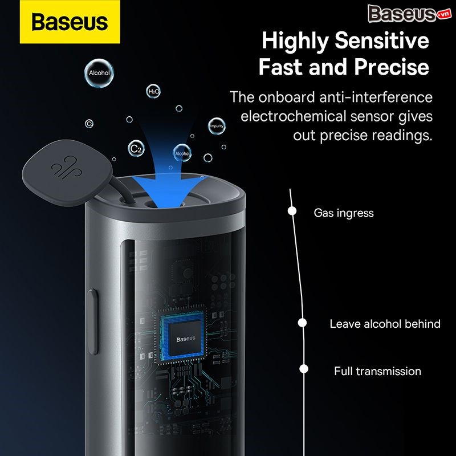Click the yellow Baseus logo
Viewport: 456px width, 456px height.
[70, 22]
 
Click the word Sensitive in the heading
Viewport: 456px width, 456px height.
[382, 40]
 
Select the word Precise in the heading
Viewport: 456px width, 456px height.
[392, 67]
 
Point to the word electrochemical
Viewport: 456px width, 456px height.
[294, 116]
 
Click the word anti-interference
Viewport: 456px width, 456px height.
[376, 97]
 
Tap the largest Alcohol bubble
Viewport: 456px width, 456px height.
[99, 74]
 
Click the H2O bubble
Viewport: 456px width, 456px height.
[153, 91]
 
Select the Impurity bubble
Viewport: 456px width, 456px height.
[217, 126]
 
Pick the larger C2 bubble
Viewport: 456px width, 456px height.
[136, 149]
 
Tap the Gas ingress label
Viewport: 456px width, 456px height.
[344, 213]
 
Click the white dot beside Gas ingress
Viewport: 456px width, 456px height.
[292, 211]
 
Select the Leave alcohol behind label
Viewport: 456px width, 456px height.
[385, 324]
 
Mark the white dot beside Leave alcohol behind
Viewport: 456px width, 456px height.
[303, 323]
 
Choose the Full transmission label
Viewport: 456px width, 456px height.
[377, 371]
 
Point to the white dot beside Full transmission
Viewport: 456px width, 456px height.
[304, 369]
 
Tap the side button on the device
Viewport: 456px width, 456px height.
[93, 321]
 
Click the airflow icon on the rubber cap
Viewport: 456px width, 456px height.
[67, 168]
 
